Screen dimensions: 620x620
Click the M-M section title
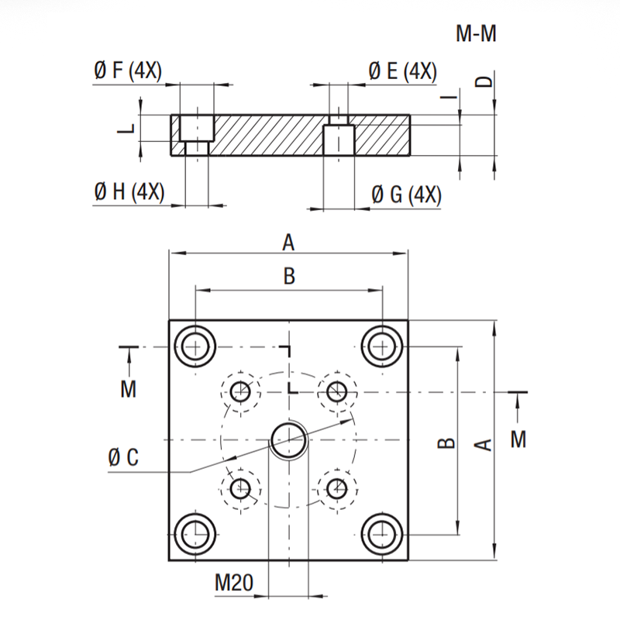click(x=476, y=33)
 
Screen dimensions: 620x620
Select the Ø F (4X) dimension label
click(x=128, y=71)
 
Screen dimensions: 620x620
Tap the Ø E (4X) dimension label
click(x=402, y=71)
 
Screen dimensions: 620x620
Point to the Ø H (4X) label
click(x=129, y=192)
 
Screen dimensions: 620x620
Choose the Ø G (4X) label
click(x=406, y=195)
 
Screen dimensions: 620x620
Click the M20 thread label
click(x=234, y=583)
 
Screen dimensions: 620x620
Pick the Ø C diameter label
click(x=123, y=457)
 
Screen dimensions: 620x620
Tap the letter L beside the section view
click(x=127, y=128)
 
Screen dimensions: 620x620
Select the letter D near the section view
click(x=484, y=81)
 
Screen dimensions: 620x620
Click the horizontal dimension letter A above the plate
click(x=288, y=243)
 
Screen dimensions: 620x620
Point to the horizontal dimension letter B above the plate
click(x=289, y=276)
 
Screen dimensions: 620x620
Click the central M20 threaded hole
click(x=289, y=439)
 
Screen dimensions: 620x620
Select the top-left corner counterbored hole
click(x=195, y=346)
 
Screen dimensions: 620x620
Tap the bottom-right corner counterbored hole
click(x=382, y=535)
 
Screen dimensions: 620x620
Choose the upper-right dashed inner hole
click(x=337, y=392)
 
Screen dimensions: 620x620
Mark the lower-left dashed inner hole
click(x=240, y=489)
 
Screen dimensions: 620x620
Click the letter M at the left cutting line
click(x=128, y=389)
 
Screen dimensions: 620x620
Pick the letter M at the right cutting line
click(x=518, y=439)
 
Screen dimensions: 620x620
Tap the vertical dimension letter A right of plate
click(x=483, y=445)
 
